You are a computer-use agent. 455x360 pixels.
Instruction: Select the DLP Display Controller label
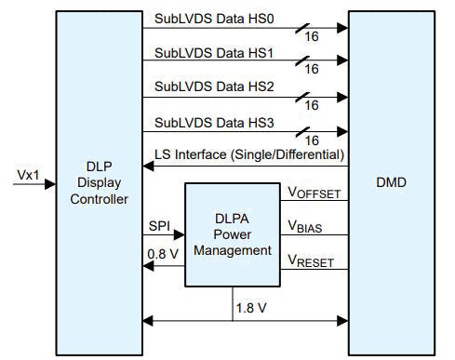98,186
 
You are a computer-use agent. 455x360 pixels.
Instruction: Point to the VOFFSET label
314,193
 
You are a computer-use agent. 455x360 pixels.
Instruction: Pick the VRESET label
312,262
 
